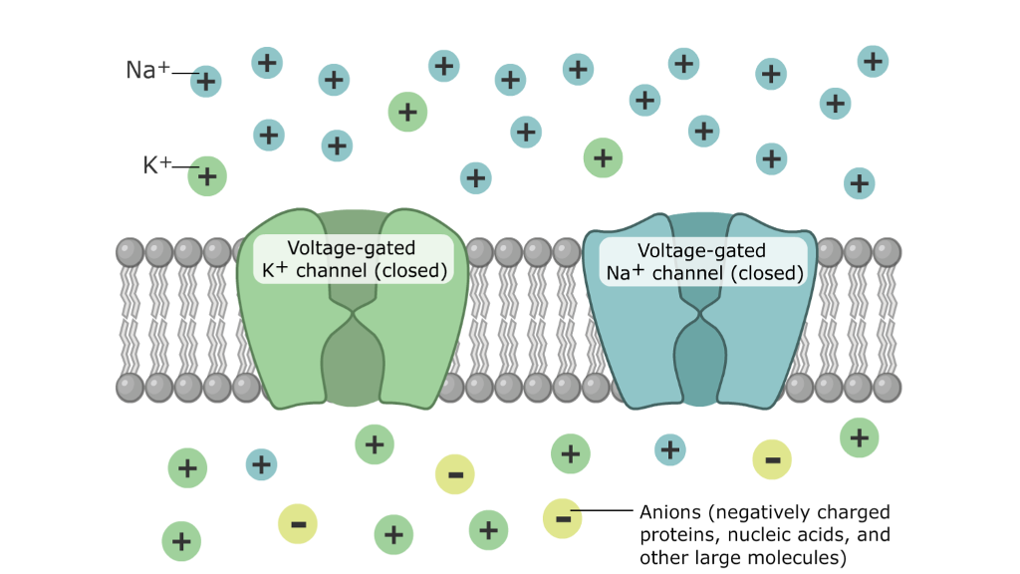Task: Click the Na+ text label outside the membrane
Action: [x=147, y=71]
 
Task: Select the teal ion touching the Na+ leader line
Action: [x=206, y=81]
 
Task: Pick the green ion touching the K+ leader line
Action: [x=207, y=176]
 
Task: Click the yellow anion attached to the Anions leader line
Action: [x=562, y=517]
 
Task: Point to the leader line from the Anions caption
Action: [x=604, y=512]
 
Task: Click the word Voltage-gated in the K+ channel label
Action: [x=352, y=248]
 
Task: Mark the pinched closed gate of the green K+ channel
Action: [x=352, y=317]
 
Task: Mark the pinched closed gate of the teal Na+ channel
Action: [x=702, y=317]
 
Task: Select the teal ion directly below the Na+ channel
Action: [x=670, y=449]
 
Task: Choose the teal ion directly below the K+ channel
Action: [x=261, y=463]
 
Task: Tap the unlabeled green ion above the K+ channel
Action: [x=406, y=112]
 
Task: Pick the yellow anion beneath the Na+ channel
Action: [x=772, y=459]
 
